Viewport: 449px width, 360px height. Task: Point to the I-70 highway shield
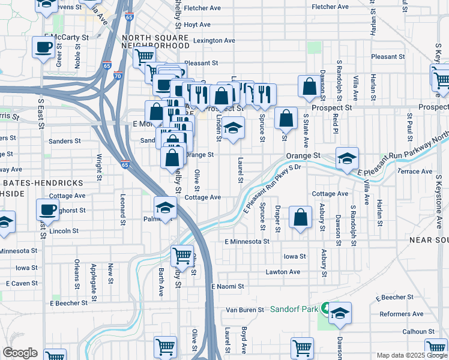[117, 76]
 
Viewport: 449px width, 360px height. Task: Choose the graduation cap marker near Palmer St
[166, 208]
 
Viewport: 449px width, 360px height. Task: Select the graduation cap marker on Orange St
[347, 158]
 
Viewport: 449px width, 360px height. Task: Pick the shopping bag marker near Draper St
[300, 217]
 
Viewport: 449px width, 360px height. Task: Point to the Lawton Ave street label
[283, 272]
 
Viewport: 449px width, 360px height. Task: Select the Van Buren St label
[244, 310]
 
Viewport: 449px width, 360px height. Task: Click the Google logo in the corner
[20, 353]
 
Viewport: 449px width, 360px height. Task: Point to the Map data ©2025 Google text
[411, 355]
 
